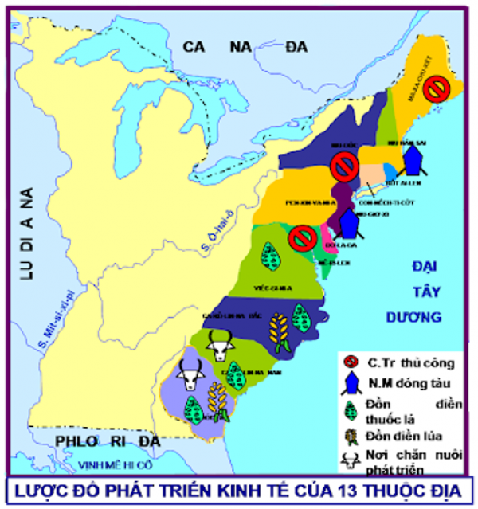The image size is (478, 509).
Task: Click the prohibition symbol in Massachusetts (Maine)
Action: pyautogui.click(x=435, y=89)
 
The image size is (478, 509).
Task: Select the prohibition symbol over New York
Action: pyautogui.click(x=344, y=167)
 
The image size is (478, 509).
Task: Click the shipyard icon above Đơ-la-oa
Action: pyautogui.click(x=347, y=224)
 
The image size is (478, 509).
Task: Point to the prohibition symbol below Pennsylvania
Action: pyautogui.click(x=301, y=237)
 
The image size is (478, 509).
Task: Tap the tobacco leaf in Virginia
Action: pyautogui.click(x=274, y=257)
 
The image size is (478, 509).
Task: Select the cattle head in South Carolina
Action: pyautogui.click(x=220, y=346)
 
